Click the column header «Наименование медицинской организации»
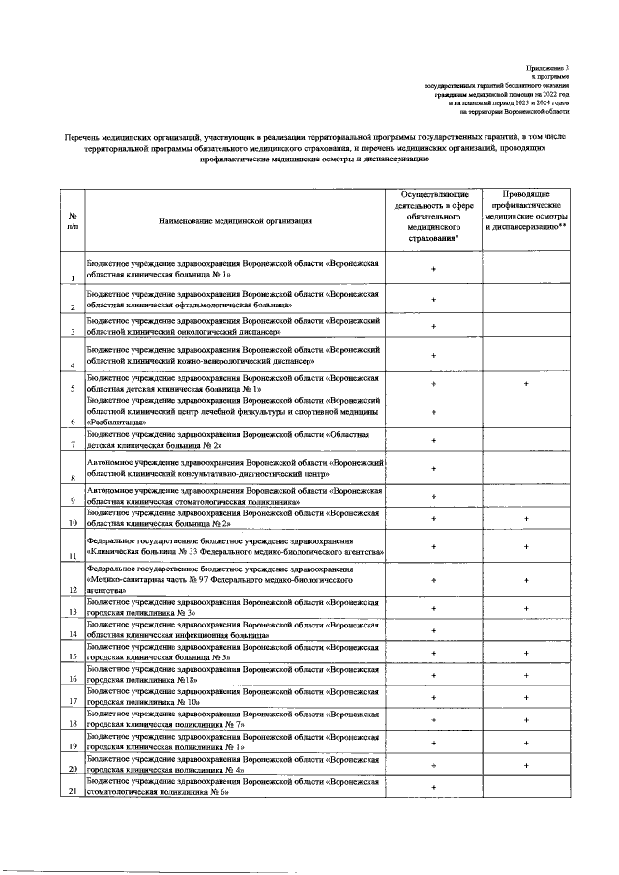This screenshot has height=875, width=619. click(237, 221)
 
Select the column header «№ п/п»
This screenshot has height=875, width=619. click(73, 220)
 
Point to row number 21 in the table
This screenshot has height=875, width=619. click(73, 793)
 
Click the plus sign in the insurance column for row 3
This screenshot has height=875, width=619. click(433, 325)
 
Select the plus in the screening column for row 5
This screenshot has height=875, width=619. click(526, 384)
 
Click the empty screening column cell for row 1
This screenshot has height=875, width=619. click(526, 268)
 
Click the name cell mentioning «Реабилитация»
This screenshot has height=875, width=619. click(237, 411)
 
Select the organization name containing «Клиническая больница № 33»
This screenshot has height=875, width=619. click(237, 546)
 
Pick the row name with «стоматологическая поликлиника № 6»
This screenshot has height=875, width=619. click(237, 787)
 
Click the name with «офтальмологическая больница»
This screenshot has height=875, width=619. click(237, 299)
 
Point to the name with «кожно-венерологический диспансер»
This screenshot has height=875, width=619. click(237, 354)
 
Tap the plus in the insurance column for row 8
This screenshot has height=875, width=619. click(433, 469)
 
